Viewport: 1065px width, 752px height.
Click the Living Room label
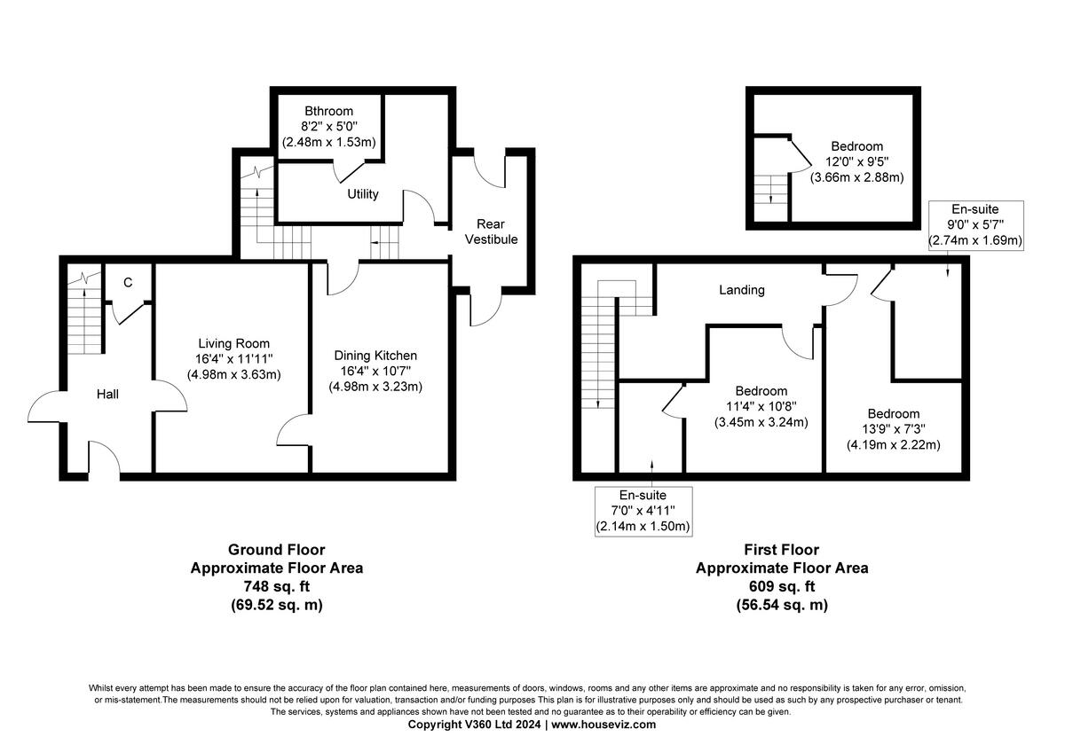pyautogui.click(x=233, y=344)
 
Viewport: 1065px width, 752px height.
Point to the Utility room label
pyautogui.click(x=363, y=194)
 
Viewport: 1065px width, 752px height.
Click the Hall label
pyautogui.click(x=107, y=394)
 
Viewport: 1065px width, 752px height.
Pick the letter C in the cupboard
pyautogui.click(x=128, y=283)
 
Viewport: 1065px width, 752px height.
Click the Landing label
pyautogui.click(x=741, y=290)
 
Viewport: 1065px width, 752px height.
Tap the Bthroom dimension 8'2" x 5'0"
pyautogui.click(x=328, y=127)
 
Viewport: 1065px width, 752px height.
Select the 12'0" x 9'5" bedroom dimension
pyautogui.click(x=856, y=161)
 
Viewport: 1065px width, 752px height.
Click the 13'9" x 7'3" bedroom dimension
pyautogui.click(x=893, y=429)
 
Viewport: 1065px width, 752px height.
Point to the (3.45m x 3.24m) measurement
pyautogui.click(x=761, y=422)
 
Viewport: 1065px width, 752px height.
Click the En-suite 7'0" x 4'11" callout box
pyautogui.click(x=643, y=510)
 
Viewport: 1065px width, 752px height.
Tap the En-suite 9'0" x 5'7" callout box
pyautogui.click(x=975, y=224)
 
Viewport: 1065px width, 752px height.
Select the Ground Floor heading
pyautogui.click(x=276, y=550)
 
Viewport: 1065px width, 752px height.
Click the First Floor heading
pyautogui.click(x=782, y=550)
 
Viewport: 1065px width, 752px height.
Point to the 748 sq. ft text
pyautogui.click(x=276, y=586)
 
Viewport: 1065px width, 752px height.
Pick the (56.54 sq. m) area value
pyautogui.click(x=782, y=605)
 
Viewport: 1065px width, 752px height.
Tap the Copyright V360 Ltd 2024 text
pyautogui.click(x=475, y=725)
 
